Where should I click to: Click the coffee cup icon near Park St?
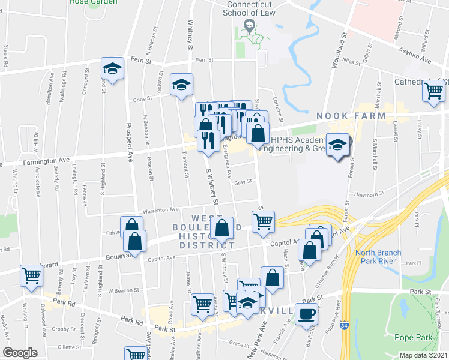pyautogui.click(x=307, y=313)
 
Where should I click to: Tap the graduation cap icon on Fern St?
pyautogui.click(x=112, y=68)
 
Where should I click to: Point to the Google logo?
pyautogui.click(x=20, y=353)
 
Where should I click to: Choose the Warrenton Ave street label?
pyautogui.click(x=160, y=210)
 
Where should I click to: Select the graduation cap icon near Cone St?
pyautogui.click(x=181, y=85)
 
